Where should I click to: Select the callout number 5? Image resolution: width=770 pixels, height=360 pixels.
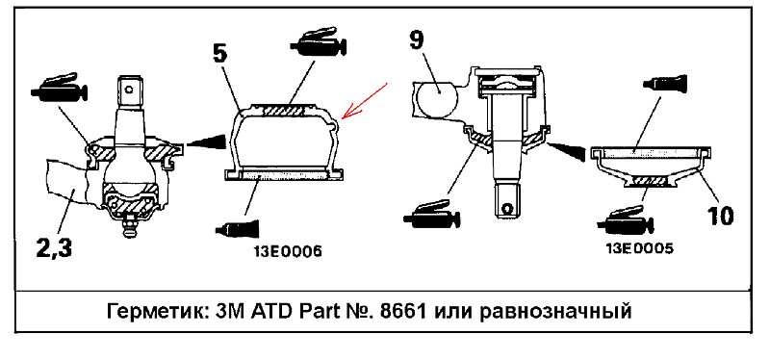221,53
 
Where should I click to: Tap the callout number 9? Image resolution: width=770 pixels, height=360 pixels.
416,40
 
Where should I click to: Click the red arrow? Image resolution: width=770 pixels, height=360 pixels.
366,101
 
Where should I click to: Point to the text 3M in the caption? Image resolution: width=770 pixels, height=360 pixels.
227,311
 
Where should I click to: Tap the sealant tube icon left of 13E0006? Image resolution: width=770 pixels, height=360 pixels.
238,228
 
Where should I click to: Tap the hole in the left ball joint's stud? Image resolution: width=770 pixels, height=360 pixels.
129,90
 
